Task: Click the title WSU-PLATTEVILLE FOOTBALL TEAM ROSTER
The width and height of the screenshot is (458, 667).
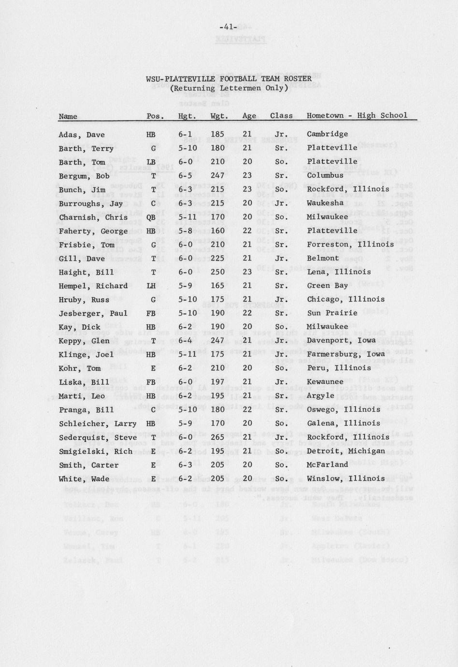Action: (229, 79)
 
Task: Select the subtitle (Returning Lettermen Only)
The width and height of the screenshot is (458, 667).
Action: (229, 88)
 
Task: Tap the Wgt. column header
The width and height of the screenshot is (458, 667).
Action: (219, 116)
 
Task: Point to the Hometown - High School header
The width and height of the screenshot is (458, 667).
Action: (357, 116)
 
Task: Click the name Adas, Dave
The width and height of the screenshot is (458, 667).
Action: (82, 135)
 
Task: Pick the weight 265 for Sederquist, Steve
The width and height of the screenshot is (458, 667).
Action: (217, 437)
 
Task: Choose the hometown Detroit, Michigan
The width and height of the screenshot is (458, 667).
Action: (346, 451)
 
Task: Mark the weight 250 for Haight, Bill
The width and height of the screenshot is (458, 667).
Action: (217, 272)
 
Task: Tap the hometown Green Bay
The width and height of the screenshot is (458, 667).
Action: (327, 285)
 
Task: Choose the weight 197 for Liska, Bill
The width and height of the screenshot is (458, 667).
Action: (217, 382)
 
